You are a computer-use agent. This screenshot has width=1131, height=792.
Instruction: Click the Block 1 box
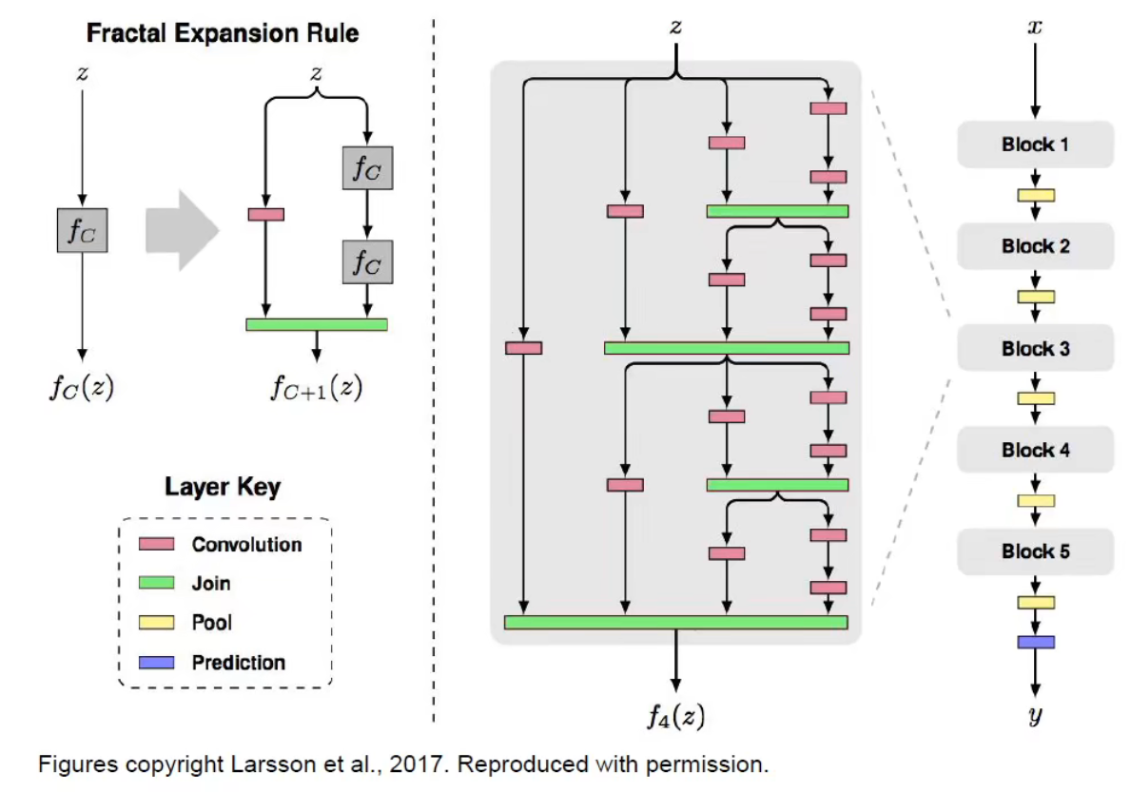coord(1035,145)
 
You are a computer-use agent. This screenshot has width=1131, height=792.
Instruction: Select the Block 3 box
coord(1035,348)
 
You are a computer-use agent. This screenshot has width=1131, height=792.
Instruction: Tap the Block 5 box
coord(1035,551)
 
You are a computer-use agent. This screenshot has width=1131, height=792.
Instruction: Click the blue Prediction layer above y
coord(1036,642)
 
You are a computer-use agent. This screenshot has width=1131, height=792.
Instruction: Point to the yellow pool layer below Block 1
coord(1036,196)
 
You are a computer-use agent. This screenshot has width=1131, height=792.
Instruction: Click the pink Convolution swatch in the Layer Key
coord(157,544)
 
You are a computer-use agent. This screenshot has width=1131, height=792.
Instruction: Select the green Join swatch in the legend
coord(157,583)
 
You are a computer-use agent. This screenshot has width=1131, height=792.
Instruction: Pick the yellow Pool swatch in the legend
coord(157,623)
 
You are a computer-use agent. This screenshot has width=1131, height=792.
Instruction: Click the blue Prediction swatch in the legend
coord(157,663)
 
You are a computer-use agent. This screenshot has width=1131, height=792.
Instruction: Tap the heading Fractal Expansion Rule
coord(223,33)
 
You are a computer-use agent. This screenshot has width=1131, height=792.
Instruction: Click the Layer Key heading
coord(223,488)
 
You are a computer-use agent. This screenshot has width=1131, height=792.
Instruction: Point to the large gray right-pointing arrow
coord(181,229)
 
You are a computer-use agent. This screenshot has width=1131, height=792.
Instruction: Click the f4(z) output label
coord(675,715)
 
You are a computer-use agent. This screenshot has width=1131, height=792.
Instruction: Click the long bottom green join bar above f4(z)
coord(675,623)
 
